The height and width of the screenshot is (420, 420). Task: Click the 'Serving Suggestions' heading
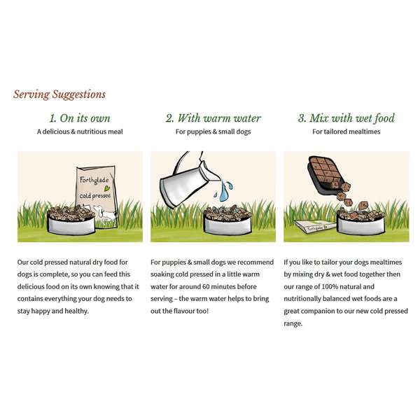59,94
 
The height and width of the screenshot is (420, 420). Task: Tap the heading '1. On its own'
80,118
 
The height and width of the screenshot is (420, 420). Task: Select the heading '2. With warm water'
213,118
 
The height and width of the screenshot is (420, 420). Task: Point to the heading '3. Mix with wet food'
346,118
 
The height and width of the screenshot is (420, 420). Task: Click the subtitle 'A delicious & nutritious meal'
80,132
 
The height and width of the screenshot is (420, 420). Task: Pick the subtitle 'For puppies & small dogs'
213,132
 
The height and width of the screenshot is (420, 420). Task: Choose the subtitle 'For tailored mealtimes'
346,132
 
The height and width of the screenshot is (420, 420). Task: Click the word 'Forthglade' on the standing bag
94,180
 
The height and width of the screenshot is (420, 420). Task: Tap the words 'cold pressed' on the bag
95,195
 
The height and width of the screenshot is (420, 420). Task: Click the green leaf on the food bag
107,188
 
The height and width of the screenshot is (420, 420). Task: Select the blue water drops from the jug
224,190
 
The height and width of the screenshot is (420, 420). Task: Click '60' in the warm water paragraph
206,286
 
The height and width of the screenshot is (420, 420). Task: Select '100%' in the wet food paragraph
330,286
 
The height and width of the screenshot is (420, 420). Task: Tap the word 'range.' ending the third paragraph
293,324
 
